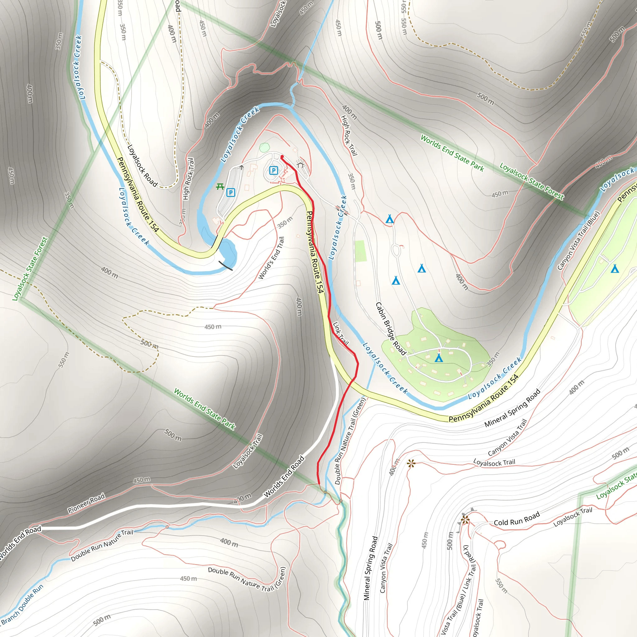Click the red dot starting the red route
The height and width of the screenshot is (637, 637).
pyautogui.click(x=282, y=157)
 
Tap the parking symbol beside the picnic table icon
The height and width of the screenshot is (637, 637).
pyautogui.click(x=231, y=193)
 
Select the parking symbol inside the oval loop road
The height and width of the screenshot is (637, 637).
pyautogui.click(x=273, y=170)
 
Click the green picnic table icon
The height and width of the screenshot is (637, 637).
pyautogui.click(x=220, y=187)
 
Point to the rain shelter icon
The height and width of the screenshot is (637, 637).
pyautogui.click(x=300, y=164)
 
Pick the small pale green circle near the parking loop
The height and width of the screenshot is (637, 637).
pyautogui.click(x=264, y=147)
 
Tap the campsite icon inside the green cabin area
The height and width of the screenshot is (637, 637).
pyautogui.click(x=439, y=358)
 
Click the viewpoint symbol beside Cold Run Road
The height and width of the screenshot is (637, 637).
pyautogui.click(x=465, y=520)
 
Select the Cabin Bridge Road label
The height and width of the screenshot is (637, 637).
pyautogui.click(x=391, y=328)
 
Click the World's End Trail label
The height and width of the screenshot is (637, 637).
pyautogui.click(x=271, y=258)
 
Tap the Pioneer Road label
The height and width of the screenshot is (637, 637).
pyautogui.click(x=86, y=503)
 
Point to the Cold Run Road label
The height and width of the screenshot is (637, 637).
pyautogui.click(x=517, y=518)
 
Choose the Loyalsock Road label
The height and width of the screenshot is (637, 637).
pyautogui.click(x=142, y=165)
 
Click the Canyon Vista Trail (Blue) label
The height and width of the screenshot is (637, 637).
pyautogui.click(x=578, y=241)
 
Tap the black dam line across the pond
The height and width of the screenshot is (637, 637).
pyautogui.click(x=226, y=265)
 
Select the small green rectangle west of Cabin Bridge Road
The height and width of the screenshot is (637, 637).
pyautogui.click(x=360, y=251)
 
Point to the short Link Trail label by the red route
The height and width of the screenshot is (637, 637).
pyautogui.click(x=341, y=333)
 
